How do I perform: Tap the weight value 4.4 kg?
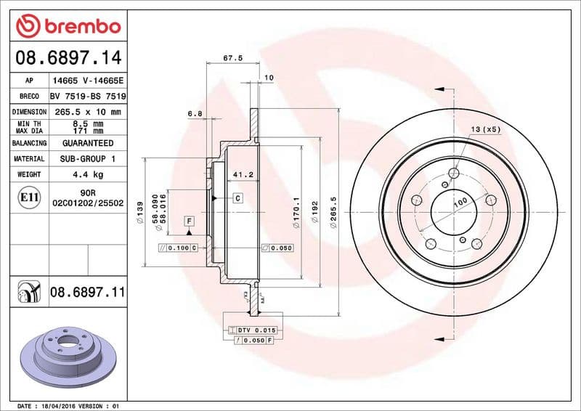tap(87, 174)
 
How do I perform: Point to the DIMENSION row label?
tap(29, 112)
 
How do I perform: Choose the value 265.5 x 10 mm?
tap(87, 112)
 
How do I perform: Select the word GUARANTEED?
tap(87, 144)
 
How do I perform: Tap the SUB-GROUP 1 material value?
tap(87, 158)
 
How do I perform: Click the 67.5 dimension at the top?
tap(232, 57)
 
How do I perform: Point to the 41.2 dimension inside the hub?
tap(242, 175)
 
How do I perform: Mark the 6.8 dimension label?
tap(195, 113)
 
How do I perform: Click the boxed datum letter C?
tap(237, 198)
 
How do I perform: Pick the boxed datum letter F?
tap(188, 220)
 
